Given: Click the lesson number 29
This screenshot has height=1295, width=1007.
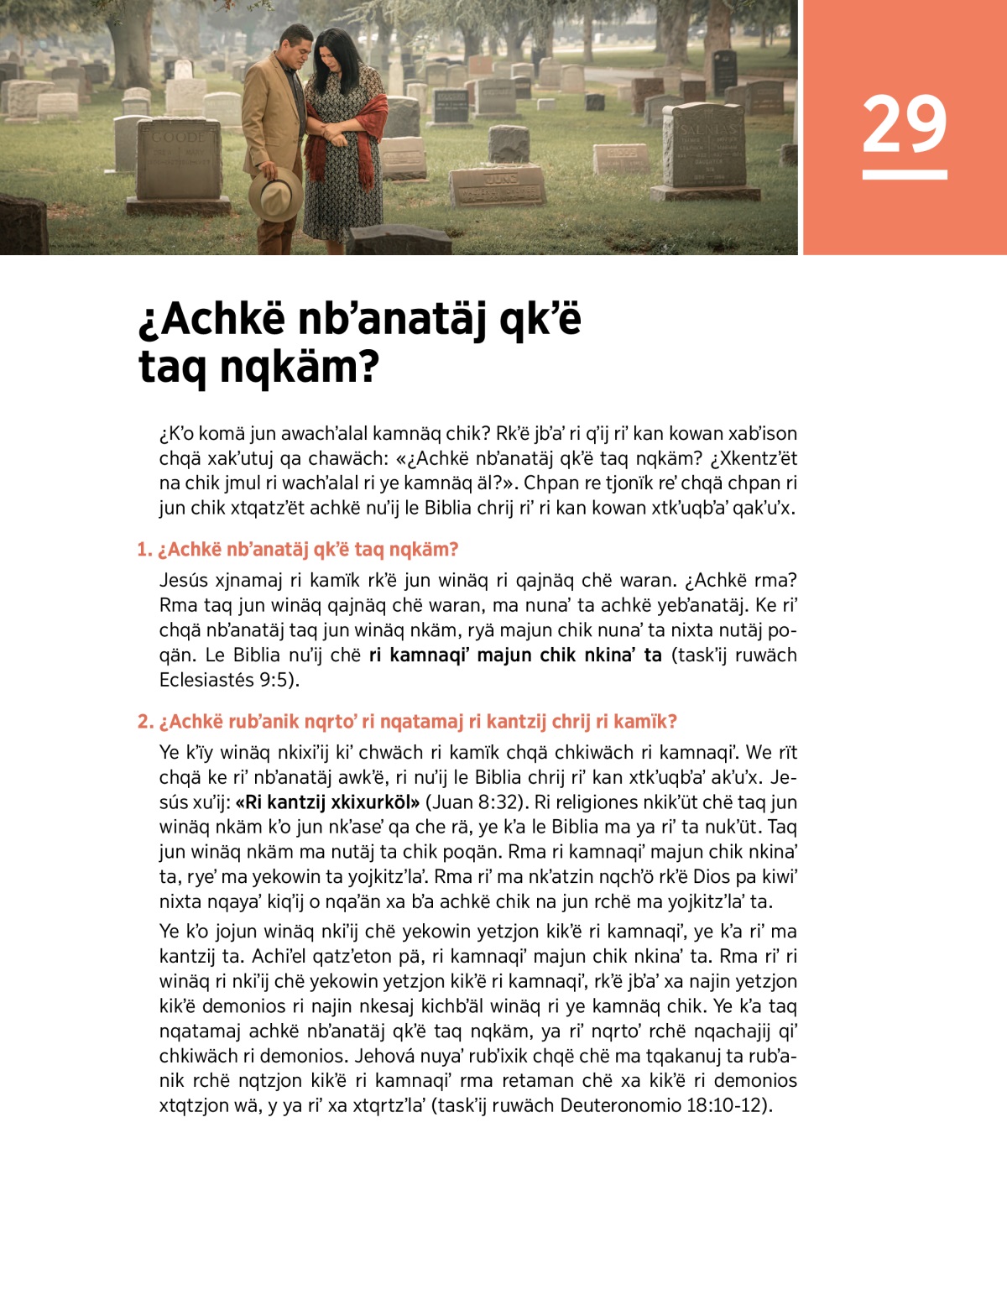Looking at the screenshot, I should point(904,124).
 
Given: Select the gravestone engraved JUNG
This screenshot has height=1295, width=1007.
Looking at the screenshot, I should point(498,185).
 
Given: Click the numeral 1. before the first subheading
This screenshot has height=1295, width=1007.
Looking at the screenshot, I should point(144,550).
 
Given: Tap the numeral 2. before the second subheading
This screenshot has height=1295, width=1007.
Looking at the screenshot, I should point(145,722).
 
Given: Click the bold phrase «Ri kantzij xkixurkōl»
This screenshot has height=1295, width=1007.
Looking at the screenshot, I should point(327,802).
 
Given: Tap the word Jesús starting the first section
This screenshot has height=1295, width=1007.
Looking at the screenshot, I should point(185,580).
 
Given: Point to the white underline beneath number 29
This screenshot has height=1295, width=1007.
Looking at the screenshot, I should point(904,175).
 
